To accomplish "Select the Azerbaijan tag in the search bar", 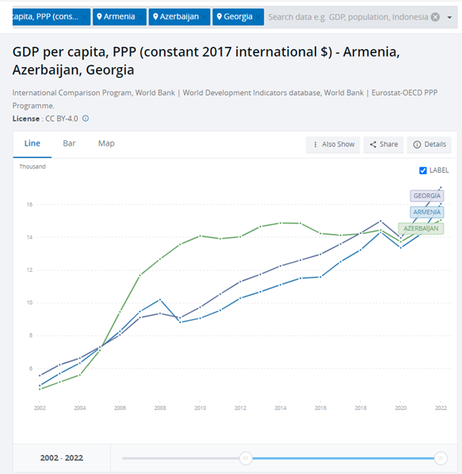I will click(179, 17).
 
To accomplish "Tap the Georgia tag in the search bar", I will click(238, 17).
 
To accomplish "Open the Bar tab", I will click(69, 143).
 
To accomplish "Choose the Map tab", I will click(106, 143).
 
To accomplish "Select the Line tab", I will click(33, 143).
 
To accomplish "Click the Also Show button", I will click(333, 144).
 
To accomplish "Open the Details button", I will click(429, 144).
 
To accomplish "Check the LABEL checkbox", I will click(423, 171).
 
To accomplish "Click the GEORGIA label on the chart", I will click(426, 196).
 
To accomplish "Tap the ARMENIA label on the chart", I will click(427, 212).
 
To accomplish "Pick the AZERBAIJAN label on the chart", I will click(421, 228).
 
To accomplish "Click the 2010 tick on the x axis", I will click(200, 408).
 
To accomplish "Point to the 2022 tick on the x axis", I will click(441, 408).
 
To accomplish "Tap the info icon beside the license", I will click(85, 119).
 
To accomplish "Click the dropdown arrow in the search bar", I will click(435, 17).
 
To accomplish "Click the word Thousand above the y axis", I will click(33, 167).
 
